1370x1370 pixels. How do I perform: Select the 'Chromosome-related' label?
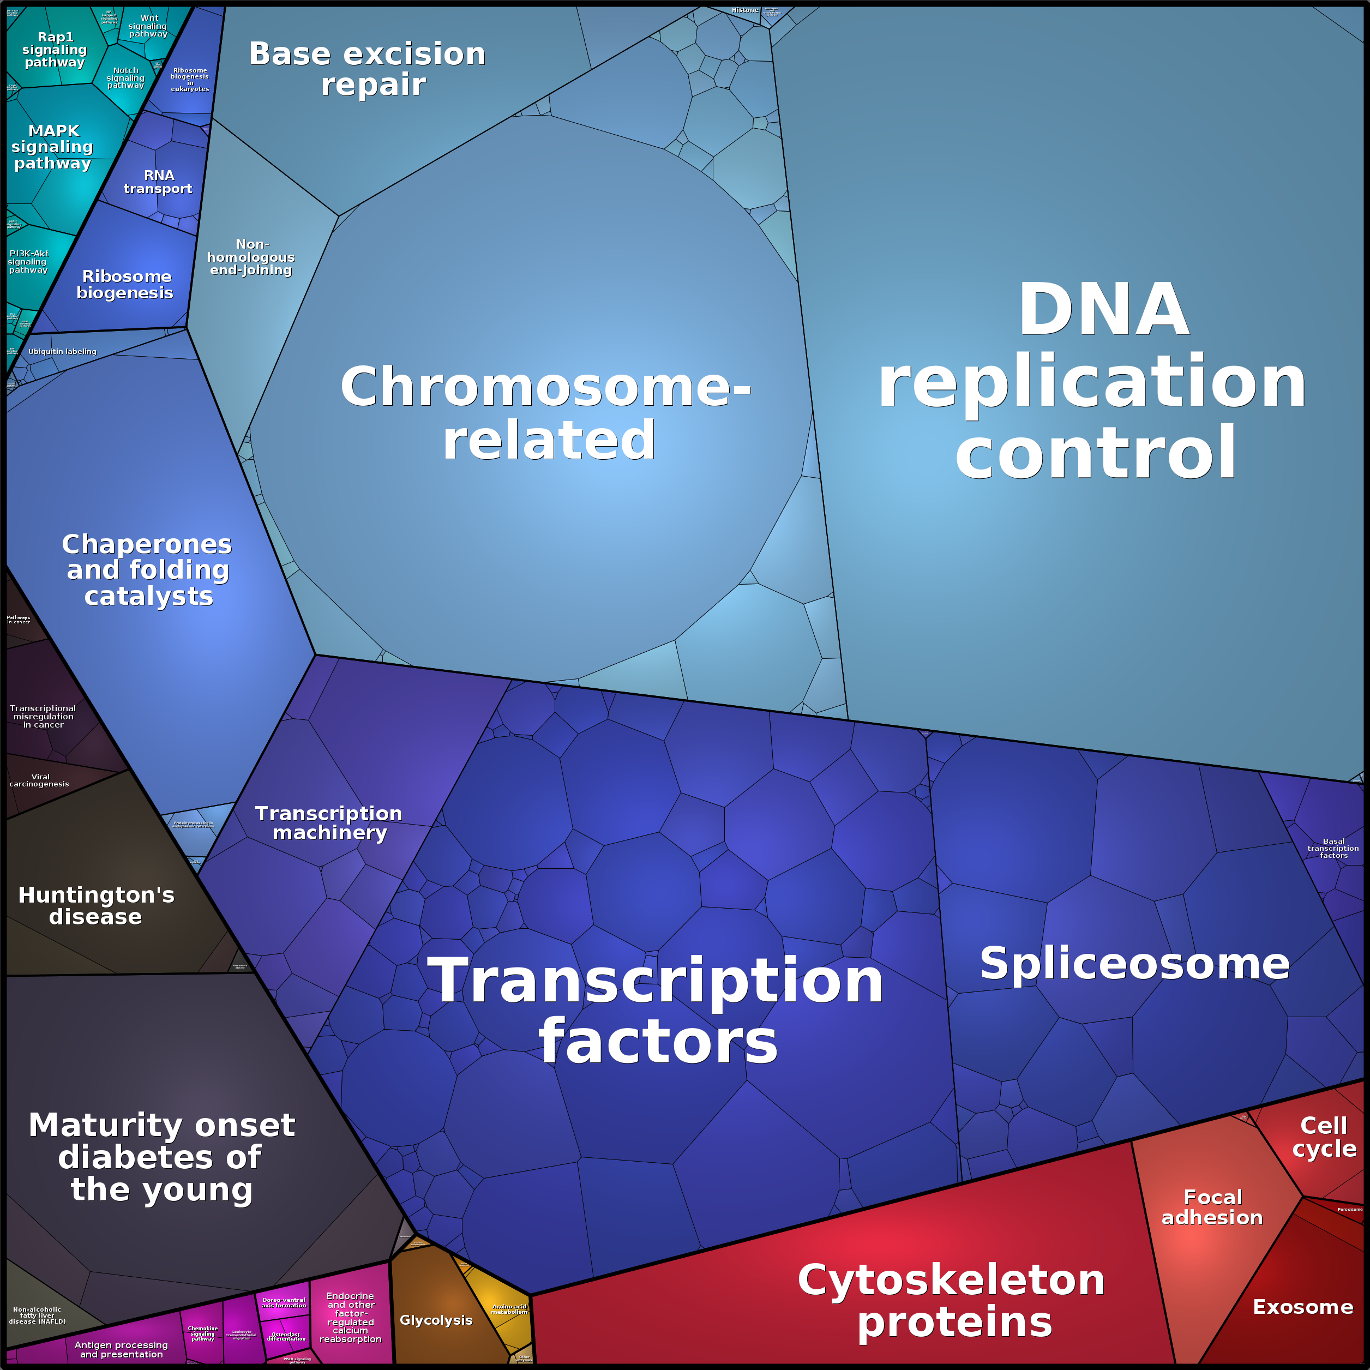[546, 413]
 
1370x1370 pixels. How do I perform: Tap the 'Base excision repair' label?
[368, 69]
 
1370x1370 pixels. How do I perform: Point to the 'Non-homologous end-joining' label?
[251, 257]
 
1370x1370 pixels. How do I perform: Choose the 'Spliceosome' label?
[1134, 964]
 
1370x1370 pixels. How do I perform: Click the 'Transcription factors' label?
[657, 1011]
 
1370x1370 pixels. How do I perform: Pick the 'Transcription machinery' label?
[329, 822]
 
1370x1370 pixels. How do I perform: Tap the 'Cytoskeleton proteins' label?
[952, 1301]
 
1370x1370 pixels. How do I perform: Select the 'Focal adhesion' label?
[1212, 1207]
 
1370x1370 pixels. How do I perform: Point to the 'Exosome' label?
[1302, 1307]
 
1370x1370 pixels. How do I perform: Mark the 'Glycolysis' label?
[436, 1320]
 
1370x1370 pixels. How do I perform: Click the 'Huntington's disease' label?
[97, 905]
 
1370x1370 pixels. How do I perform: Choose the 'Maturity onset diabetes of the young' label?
[161, 1157]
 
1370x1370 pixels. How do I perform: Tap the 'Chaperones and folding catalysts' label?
[147, 570]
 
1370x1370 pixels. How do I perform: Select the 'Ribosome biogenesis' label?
[125, 284]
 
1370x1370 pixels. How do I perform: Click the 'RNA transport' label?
[158, 182]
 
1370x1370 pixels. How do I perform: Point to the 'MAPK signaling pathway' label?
[52, 147]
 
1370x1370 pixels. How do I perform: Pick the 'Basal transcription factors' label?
[1333, 848]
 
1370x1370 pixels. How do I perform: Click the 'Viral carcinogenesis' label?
[40, 780]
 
